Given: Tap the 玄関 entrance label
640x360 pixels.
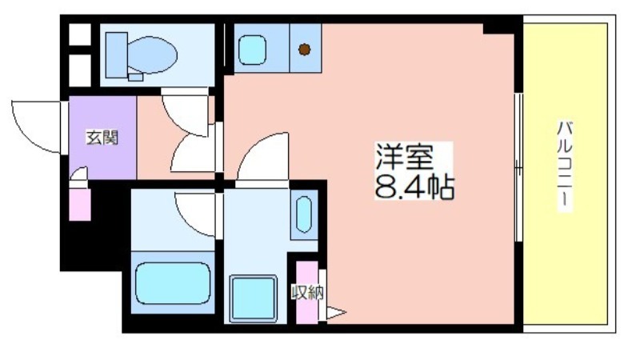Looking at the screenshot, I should tap(102, 137).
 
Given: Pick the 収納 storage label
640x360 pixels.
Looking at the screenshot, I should tap(307, 292).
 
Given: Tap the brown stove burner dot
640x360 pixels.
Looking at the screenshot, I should tap(304, 50).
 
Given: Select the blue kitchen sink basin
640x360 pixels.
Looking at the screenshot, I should tap(254, 50).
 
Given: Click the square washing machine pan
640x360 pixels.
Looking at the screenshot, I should tap(252, 297).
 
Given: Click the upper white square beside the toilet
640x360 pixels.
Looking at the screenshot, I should tap(79, 34).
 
